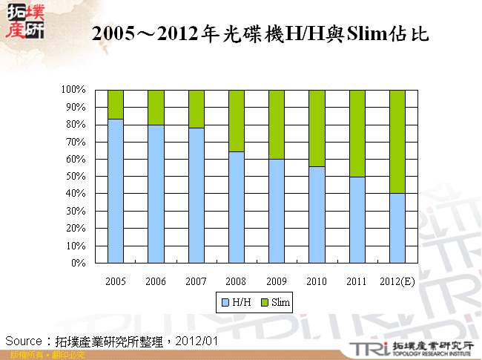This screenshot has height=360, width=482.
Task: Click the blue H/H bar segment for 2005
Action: coord(115,191)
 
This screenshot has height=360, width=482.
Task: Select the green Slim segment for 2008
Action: coord(236,120)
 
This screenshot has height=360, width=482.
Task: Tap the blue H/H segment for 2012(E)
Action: coord(397,228)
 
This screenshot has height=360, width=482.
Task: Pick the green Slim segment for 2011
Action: coord(357,133)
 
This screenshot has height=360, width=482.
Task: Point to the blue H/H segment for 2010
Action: coord(317,215)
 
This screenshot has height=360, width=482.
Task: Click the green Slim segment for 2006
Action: coord(155,107)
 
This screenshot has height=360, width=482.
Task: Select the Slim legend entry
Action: coord(276,302)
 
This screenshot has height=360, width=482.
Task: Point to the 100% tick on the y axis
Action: coord(73,90)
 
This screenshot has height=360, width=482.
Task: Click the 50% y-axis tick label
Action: coord(76,177)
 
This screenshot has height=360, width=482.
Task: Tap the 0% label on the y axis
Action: coord(78,263)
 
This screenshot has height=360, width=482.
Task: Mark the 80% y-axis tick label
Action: coord(76,125)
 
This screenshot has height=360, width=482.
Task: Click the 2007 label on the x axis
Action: coord(196,281)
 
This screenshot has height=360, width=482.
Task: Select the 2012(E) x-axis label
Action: coord(397,281)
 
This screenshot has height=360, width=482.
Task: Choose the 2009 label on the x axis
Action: coord(276,281)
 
